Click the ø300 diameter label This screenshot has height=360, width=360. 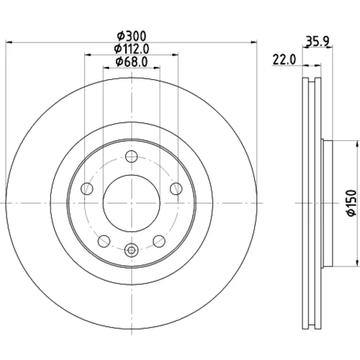tap(131, 37)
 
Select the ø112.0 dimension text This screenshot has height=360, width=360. tap(132, 49)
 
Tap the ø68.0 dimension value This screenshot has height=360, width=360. tap(132, 62)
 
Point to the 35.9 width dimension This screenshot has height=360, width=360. tap(317, 41)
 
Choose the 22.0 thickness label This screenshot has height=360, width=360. tap(284, 60)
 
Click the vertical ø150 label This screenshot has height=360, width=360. tap(352, 203)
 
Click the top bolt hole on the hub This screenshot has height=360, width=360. tap(131, 156)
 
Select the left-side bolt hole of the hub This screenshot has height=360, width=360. tap(87, 189)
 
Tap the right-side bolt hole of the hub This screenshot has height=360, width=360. tap(176, 189)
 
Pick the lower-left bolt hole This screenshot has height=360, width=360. tap(104, 241)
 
